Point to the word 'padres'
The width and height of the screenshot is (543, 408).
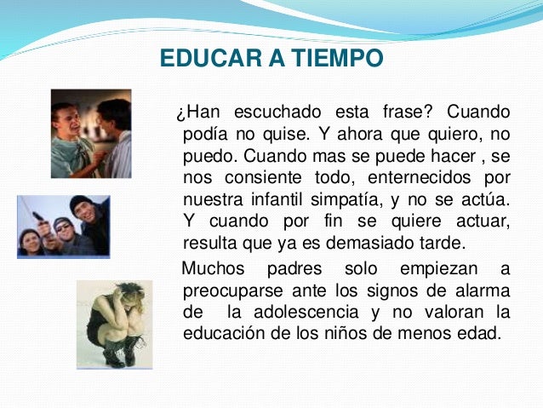point(294,269)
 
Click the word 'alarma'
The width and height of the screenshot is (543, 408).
point(482,290)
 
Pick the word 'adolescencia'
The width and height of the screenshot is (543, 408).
point(317,312)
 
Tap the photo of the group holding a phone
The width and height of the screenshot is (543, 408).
point(64,225)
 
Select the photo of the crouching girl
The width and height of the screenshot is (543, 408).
point(115,325)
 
